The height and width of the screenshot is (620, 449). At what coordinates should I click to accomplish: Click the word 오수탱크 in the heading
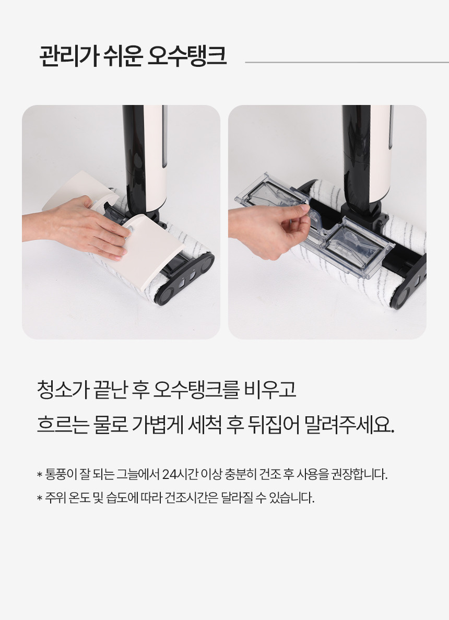tap(186, 56)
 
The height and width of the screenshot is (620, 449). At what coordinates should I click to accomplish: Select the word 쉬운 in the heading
tap(123, 56)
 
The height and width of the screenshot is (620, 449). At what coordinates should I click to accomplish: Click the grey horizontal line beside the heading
tap(347, 62)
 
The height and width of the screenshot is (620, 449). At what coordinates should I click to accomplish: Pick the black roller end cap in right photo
tap(409, 283)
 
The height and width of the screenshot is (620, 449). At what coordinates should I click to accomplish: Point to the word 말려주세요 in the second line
tap(349, 425)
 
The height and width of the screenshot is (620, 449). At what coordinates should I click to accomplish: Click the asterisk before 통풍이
tap(40, 474)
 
